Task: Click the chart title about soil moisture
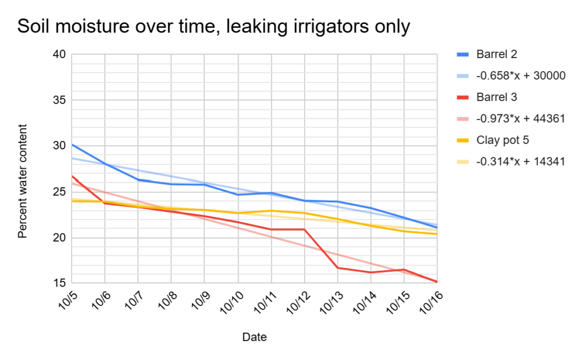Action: pyautogui.click(x=214, y=27)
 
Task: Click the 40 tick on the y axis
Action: pyautogui.click(x=60, y=55)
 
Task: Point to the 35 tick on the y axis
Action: pyautogui.click(x=60, y=100)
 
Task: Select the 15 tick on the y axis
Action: pyautogui.click(x=60, y=283)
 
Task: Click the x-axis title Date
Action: pyautogui.click(x=254, y=337)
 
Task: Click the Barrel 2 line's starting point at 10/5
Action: pyautogui.click(x=72, y=144)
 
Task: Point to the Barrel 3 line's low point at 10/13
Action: pyautogui.click(x=338, y=268)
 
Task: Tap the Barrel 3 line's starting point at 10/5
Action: pyautogui.click(x=72, y=176)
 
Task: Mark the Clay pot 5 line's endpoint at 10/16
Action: pyautogui.click(x=437, y=234)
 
